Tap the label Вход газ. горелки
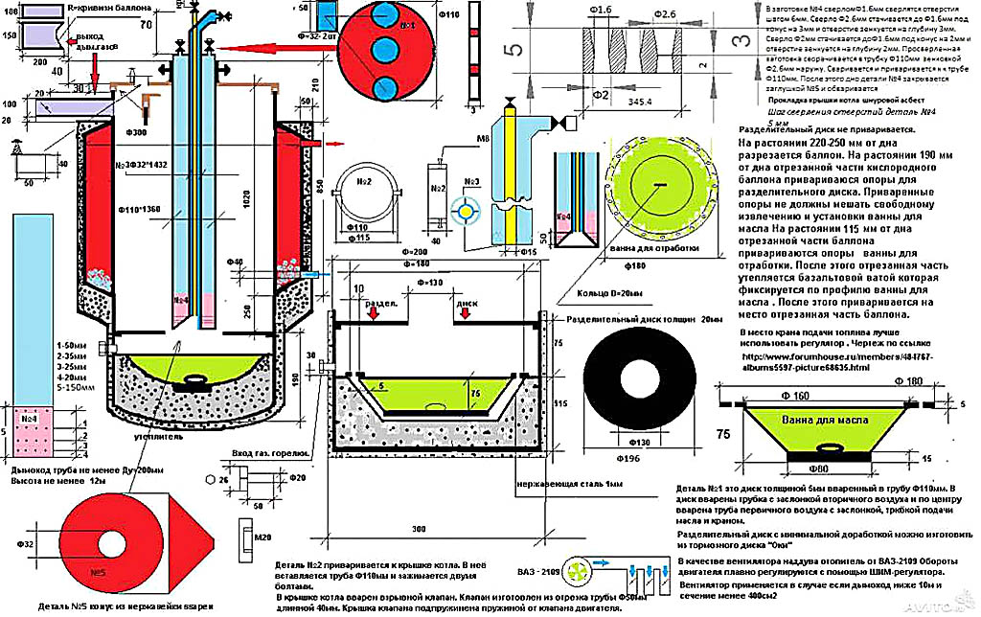tap(264, 452)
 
